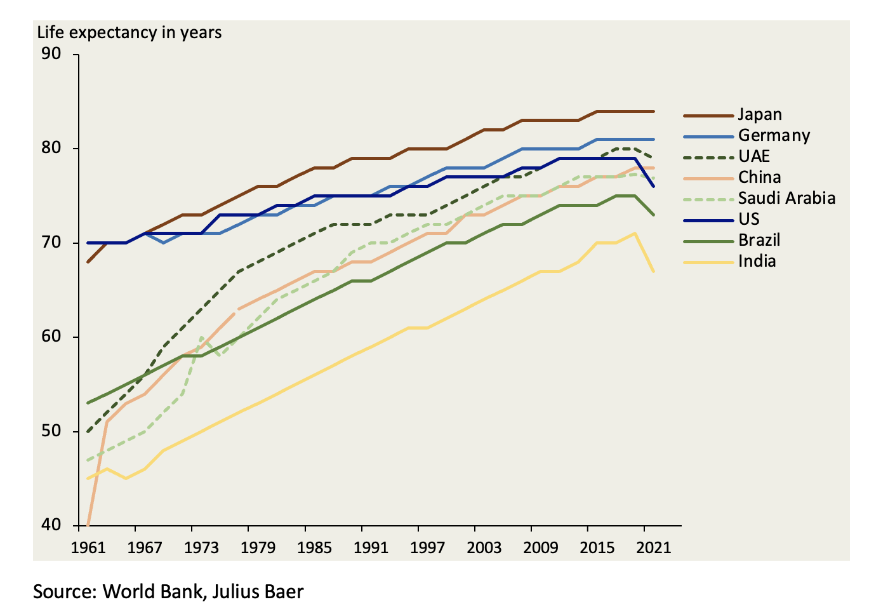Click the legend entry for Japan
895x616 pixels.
760,115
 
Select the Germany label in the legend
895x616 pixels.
774,136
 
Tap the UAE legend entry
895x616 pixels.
754,157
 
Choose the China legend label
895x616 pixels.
759,178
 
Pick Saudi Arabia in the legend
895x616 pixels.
786,198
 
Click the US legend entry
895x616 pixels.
748,219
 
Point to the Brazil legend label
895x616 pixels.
759,240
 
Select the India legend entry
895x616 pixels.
757,261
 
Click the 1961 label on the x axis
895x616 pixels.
88,547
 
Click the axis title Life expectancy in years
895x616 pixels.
129,32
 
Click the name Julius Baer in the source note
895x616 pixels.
258,592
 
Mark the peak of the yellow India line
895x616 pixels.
635,233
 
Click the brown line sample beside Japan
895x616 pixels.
708,116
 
